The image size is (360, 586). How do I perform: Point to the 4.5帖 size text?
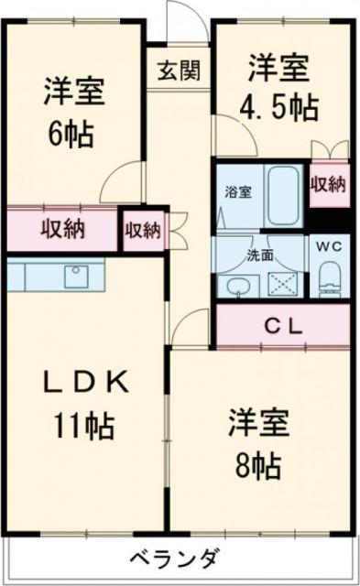280,106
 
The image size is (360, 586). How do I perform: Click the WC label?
329,246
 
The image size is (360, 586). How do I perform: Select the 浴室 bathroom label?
239,192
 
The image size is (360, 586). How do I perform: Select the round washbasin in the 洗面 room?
236,287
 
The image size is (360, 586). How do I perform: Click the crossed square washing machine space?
283,283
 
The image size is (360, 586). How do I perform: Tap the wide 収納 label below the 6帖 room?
62,229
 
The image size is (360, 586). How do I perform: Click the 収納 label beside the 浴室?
327,183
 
